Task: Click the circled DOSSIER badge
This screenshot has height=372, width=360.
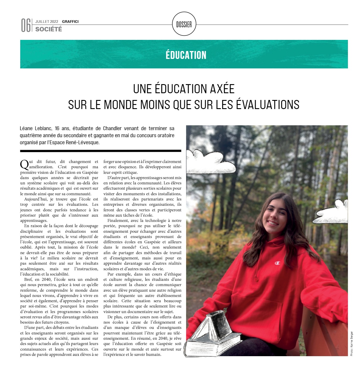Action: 184,25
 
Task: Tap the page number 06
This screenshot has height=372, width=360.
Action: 26,26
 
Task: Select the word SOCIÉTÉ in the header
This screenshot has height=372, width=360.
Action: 49,29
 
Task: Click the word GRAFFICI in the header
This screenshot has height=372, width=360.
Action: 70,21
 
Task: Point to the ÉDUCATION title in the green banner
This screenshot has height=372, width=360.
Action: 186,55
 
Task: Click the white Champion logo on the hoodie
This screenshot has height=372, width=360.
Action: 277,263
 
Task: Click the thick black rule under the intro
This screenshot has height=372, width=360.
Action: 101,151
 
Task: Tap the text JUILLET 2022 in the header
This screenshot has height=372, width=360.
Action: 47,21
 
